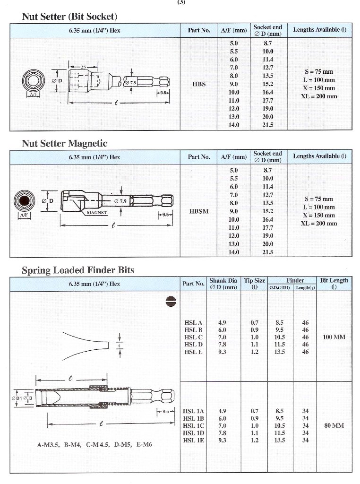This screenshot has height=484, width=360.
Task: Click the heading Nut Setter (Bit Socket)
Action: coord(69,17)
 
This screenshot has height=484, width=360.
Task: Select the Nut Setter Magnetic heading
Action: coord(65,143)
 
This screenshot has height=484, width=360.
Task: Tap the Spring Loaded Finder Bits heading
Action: coord(78,270)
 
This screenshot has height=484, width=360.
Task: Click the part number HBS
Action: coord(199,84)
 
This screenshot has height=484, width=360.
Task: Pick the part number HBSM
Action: coord(199,211)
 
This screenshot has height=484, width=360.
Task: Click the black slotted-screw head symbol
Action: coord(170,299)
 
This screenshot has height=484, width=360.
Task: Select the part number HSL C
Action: coord(193,337)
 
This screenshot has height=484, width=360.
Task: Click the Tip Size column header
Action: coord(254,283)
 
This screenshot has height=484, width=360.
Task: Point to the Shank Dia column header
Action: coord(223,283)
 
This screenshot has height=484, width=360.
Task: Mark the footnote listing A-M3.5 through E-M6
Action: coord(94,445)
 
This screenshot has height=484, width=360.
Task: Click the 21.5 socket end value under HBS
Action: coord(268,125)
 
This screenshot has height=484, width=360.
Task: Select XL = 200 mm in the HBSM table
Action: coord(319,224)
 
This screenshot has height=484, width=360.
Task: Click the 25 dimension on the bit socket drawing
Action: coord(83,68)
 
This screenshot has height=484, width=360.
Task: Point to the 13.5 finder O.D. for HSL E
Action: coord(280,352)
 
